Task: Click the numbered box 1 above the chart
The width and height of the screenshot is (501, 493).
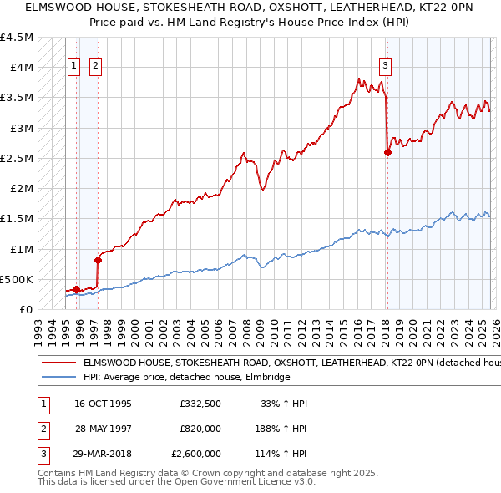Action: [x=73, y=66]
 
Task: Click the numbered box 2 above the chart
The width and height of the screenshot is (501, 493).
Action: [x=95, y=66]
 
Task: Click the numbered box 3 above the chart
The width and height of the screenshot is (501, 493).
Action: [x=386, y=66]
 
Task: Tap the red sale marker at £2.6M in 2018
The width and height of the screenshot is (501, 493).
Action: [x=387, y=152]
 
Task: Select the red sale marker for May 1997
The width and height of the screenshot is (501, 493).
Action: [x=99, y=260]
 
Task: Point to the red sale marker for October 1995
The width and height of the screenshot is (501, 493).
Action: [x=77, y=289]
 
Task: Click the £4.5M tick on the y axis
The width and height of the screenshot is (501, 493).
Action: [x=18, y=38]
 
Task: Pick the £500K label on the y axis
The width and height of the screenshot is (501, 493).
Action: [x=17, y=279]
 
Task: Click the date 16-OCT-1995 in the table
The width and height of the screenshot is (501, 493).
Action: [x=104, y=404]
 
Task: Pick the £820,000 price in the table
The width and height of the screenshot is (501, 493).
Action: [x=200, y=429]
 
